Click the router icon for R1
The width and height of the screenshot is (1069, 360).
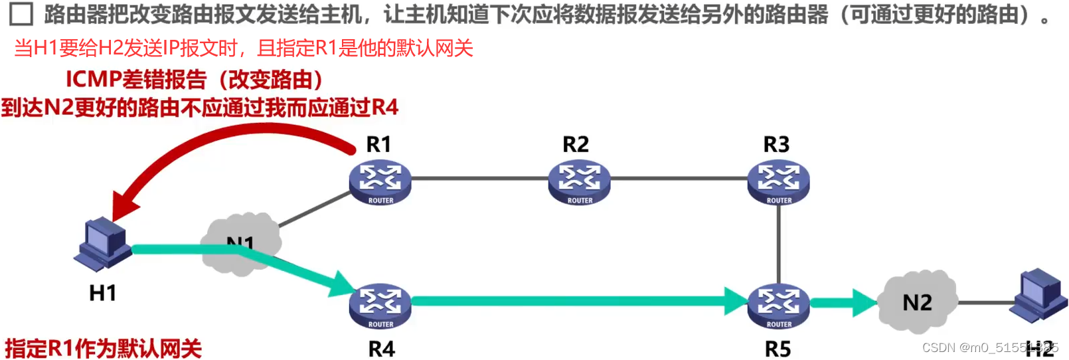click(x=380, y=181)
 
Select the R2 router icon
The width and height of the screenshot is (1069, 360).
click(x=579, y=181)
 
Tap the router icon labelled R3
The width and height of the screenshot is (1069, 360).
click(x=778, y=181)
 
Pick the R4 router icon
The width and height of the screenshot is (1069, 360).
click(x=380, y=306)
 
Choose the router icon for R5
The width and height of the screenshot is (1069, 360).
click(x=778, y=306)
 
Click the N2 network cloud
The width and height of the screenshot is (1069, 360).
click(x=918, y=302)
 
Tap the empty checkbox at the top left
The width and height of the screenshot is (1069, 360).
click(x=21, y=14)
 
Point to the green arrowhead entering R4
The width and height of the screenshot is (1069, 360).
click(x=343, y=284)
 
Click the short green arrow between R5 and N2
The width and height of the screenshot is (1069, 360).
click(x=843, y=303)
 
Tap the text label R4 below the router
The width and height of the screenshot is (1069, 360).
click(x=381, y=349)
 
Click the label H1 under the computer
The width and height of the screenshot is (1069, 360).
click(x=103, y=293)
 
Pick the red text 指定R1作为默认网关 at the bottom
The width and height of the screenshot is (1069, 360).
click(x=103, y=348)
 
